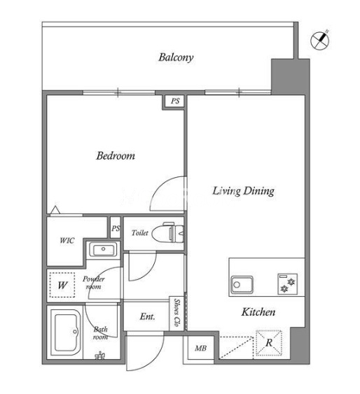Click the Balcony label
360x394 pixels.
coord(176,57)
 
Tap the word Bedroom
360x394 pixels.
coord(116,156)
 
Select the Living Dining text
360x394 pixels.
coord(243,191)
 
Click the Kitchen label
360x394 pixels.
coord(258,312)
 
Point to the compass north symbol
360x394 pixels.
coord(320,40)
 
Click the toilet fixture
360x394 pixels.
coord(168,232)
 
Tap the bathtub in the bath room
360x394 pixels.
coord(65,332)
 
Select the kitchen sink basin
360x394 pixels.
coord(242,285)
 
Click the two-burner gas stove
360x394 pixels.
coord(288,284)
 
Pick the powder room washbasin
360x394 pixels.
coord(104,249)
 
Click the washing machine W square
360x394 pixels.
coord(62,285)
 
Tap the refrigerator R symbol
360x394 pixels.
coord(269,343)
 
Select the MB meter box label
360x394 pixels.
coord(200,349)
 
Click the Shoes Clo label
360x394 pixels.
coord(177,312)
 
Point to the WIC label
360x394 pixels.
coord(67,241)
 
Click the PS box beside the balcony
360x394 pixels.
coord(175,101)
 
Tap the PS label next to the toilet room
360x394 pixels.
coord(116,228)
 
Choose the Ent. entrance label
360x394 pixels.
coord(147,316)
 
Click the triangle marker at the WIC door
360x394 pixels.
coord(55,210)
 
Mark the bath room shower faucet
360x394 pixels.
coord(100,356)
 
